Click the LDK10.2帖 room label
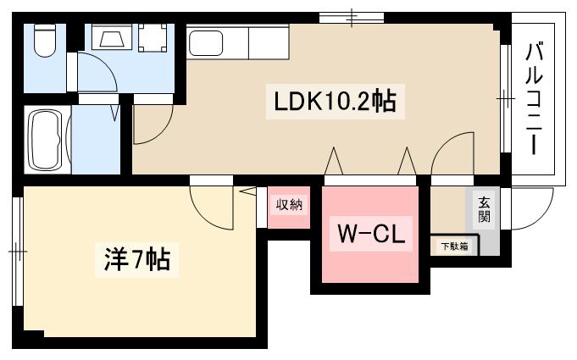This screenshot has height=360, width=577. pos(335,103)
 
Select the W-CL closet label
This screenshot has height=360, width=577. pos(372,234)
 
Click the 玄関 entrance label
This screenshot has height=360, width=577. pos(484,208)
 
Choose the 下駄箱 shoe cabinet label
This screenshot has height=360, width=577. pos(453,246)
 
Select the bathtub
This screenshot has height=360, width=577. pos(46,141)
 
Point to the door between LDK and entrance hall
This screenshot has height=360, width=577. pos(452,153)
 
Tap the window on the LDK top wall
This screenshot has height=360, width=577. pos(351,16)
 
